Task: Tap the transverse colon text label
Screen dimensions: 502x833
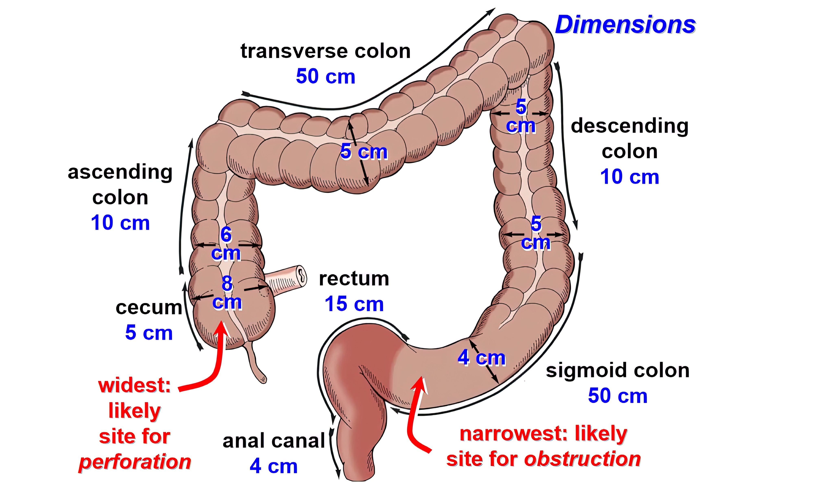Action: [x=325, y=51]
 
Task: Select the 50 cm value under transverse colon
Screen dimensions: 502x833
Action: [x=325, y=76]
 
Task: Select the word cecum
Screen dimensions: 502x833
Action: [x=149, y=308]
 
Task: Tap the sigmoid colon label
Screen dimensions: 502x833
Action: [x=617, y=370]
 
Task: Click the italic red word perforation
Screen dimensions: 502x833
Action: [x=135, y=462]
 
